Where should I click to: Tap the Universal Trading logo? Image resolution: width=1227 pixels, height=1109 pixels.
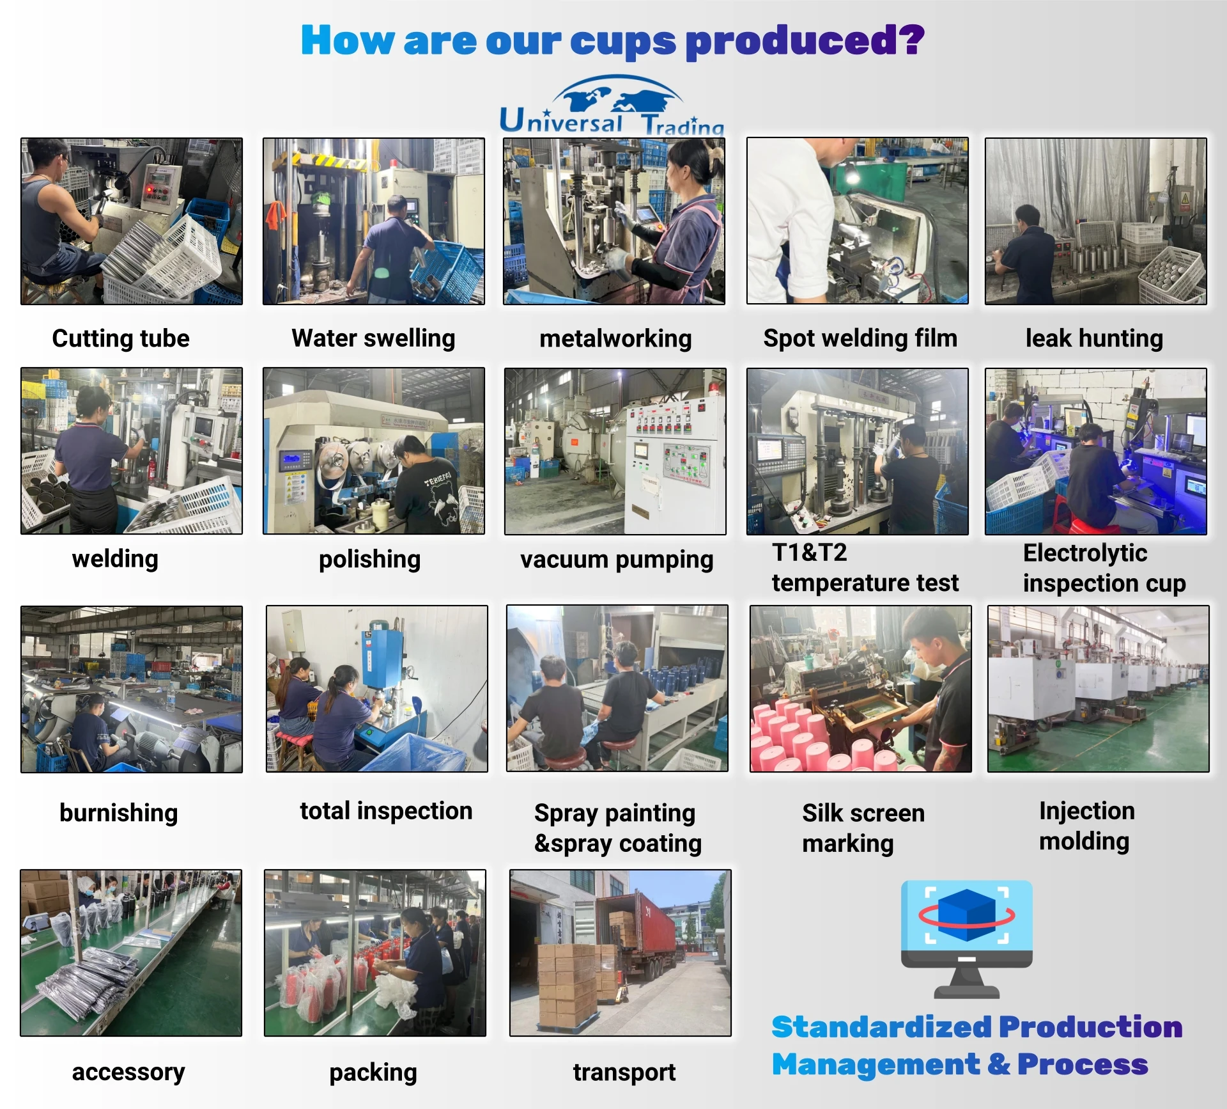click(x=612, y=106)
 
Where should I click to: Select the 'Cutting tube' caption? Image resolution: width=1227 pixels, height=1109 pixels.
click(x=121, y=338)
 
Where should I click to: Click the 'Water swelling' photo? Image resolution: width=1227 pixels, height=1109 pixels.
click(x=374, y=221)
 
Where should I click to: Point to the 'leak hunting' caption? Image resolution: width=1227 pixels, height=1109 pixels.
click(x=1094, y=338)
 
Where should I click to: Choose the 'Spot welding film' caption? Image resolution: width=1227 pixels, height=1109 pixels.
click(x=860, y=338)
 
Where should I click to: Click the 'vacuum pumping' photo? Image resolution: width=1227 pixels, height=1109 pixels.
click(x=615, y=451)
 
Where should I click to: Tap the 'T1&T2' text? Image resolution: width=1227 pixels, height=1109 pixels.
click(x=810, y=553)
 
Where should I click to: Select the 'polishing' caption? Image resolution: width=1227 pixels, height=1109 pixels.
click(x=369, y=560)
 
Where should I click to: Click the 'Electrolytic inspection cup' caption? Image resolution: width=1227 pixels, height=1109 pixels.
click(x=1104, y=568)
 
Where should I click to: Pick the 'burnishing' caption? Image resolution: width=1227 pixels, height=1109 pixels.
click(x=119, y=813)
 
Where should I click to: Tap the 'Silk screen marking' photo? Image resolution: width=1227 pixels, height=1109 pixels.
click(x=861, y=689)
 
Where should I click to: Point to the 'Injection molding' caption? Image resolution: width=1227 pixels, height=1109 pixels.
click(x=1087, y=826)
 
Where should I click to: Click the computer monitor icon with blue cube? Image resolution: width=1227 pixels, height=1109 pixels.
click(x=967, y=939)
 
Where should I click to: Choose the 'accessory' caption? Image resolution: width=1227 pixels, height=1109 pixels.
click(x=128, y=1072)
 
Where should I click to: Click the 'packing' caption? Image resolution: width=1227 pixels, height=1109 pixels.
click(x=373, y=1073)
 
